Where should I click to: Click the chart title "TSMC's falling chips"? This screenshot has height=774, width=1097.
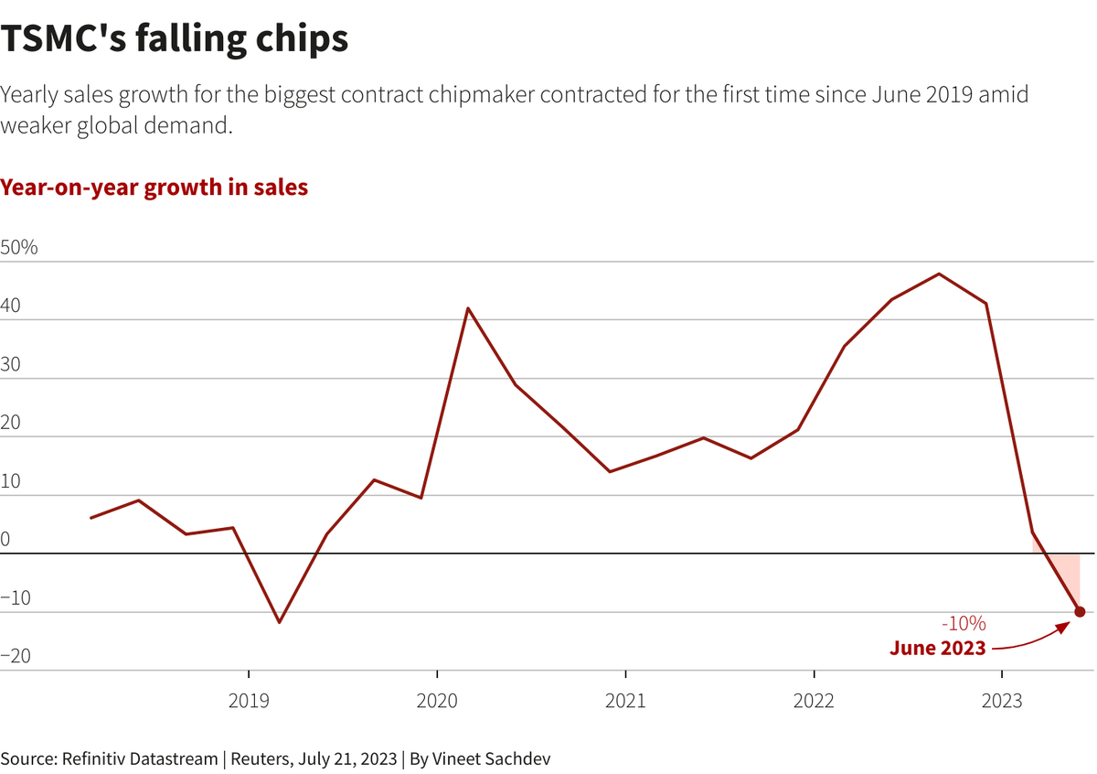coord(175,40)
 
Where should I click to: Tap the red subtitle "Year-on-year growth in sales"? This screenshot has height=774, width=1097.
coord(154,188)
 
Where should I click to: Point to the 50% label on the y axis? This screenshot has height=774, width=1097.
coord(19,248)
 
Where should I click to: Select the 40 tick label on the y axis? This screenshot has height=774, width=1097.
coord(11,306)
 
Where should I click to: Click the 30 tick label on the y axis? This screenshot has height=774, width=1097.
coord(11,365)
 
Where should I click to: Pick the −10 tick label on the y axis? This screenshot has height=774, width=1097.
coord(16,598)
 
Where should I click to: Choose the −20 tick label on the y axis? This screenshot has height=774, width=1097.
coord(16,656)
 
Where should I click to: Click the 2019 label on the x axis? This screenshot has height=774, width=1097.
coord(249,701)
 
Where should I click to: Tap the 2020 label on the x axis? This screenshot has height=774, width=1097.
coord(437,701)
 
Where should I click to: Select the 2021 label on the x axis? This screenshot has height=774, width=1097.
coord(625,701)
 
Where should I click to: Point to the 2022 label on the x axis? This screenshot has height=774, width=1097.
coord(814,701)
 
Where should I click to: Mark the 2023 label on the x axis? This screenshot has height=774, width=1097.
coord(1002,701)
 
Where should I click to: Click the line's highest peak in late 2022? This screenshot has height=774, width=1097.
coord(940,274)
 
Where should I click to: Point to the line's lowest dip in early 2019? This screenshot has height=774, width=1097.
coord(279,622)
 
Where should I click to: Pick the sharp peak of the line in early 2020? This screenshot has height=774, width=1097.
coord(468,308)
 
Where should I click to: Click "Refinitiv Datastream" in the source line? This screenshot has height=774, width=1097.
coord(139,758)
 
